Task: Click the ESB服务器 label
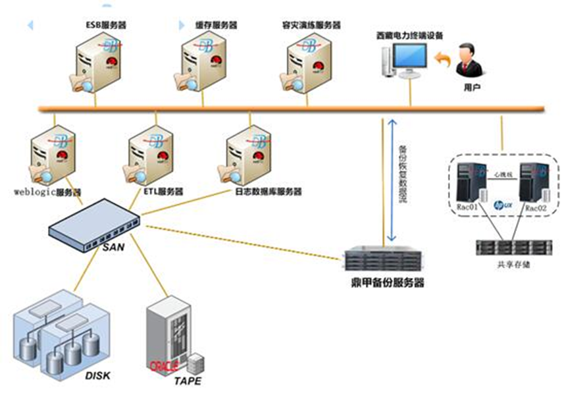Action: [x=106, y=25]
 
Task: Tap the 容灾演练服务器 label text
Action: [x=310, y=25]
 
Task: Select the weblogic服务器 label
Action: [x=47, y=193]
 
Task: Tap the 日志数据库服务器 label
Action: [x=268, y=192]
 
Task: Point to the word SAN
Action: [x=113, y=248]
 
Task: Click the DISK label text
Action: [x=98, y=376]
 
